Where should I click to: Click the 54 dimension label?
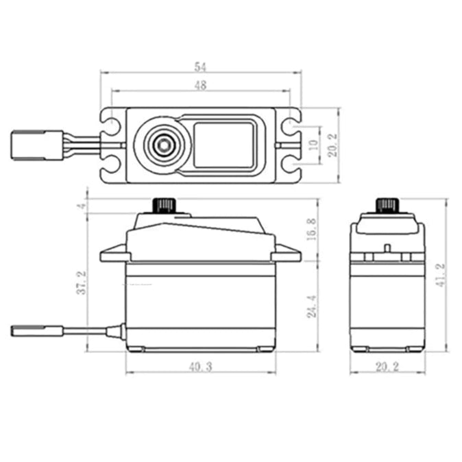click(200, 66)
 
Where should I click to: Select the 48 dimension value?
click(200, 85)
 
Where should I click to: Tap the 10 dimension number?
click(313, 145)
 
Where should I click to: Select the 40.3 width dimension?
click(200, 367)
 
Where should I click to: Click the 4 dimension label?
click(81, 206)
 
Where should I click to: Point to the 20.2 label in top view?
click(332, 145)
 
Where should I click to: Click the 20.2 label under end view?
click(387, 367)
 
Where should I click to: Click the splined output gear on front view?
click(165, 205)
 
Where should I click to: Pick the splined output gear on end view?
click(388, 205)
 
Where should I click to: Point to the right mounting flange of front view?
click(286, 256)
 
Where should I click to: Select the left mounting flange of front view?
click(113, 256)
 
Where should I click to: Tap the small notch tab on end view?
click(387, 247)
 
